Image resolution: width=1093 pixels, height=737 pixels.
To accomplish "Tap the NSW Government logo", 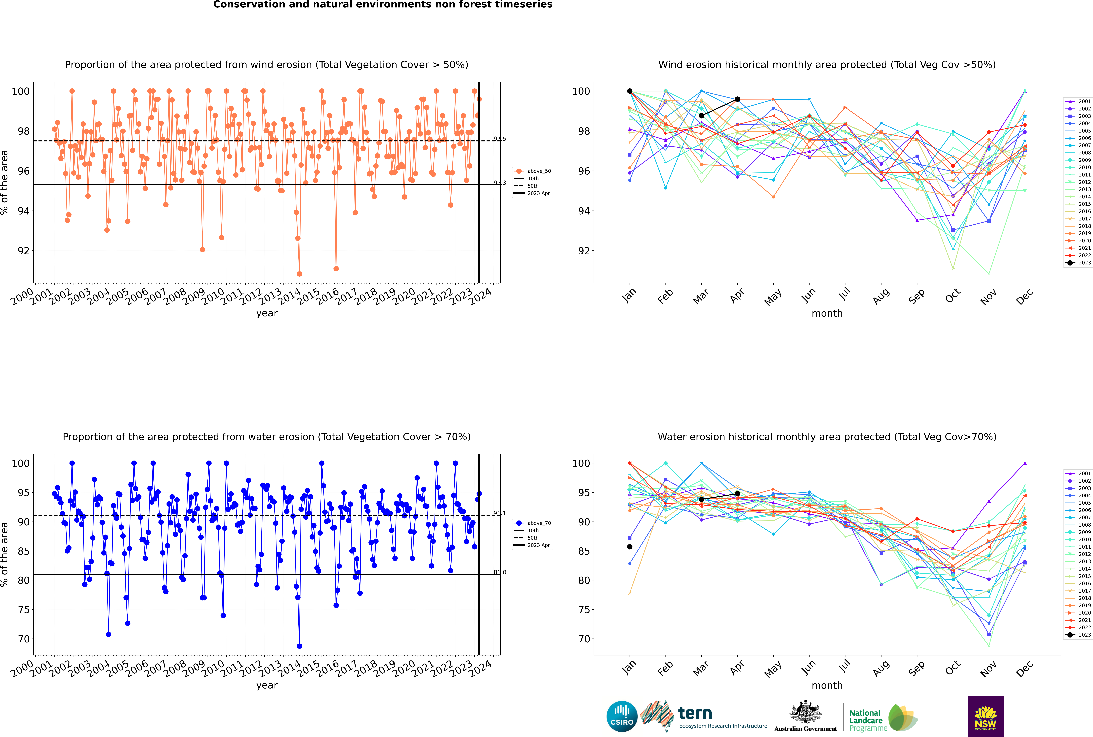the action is [x=985, y=716].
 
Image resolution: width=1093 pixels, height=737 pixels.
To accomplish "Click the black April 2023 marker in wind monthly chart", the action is [x=737, y=99].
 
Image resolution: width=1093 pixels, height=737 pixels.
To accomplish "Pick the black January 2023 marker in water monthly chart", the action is [x=630, y=547].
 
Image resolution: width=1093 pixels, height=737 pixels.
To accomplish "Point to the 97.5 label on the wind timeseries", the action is [x=500, y=139].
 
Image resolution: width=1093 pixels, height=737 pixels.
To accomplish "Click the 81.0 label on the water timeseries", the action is [x=500, y=572].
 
